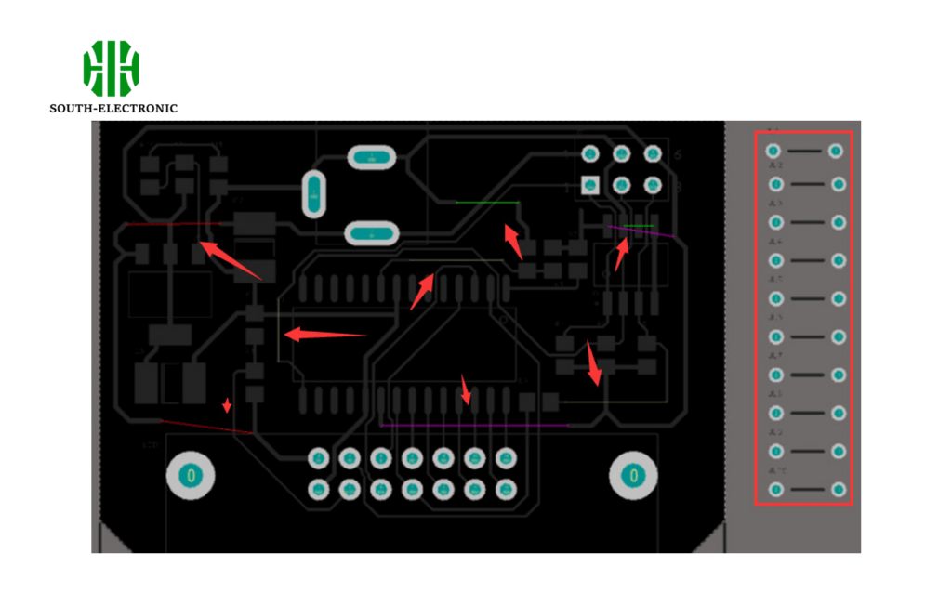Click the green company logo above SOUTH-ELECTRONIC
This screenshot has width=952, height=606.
point(111,68)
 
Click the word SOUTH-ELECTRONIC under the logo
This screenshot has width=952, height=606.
point(113,109)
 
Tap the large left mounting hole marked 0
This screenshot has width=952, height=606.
point(191,476)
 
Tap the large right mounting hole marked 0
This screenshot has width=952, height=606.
point(633,476)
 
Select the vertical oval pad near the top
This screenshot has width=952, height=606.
point(314,193)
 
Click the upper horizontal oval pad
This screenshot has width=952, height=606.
point(372,158)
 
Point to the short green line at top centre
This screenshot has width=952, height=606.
point(487,202)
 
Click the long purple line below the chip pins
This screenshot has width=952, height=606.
point(474,425)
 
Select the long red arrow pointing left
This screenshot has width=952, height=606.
point(325,335)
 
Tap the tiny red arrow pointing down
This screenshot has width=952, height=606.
point(226,404)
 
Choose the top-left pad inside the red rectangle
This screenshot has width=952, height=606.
point(773,150)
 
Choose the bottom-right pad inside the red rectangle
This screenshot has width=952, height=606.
point(839,489)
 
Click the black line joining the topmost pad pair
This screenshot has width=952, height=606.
point(805,150)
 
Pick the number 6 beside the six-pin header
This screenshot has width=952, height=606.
point(678,154)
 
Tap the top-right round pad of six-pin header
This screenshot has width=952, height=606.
point(653,153)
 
